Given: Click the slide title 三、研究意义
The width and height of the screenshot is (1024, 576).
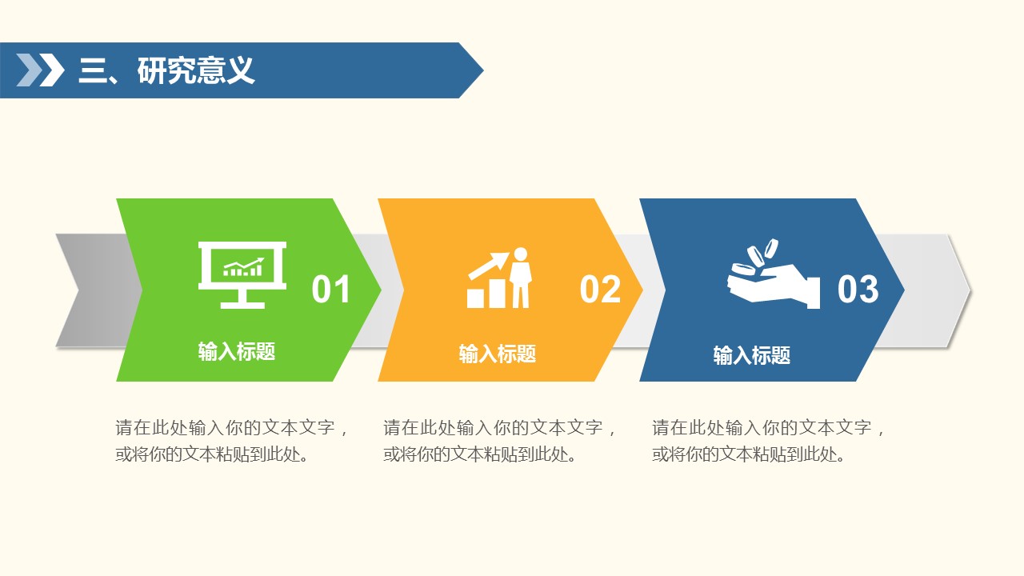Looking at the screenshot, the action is pyautogui.click(x=166, y=70).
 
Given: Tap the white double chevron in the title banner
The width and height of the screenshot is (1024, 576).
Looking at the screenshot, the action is pyautogui.click(x=40, y=70).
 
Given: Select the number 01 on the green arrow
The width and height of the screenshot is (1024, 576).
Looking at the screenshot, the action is pyautogui.click(x=331, y=289).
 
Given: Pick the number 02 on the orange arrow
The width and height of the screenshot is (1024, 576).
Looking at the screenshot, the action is pyautogui.click(x=600, y=289).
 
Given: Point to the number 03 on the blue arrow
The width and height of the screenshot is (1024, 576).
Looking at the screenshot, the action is pyautogui.click(x=858, y=289).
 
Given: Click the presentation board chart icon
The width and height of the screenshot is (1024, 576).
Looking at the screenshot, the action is pyautogui.click(x=242, y=275).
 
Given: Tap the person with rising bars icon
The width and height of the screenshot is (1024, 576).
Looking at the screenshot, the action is pyautogui.click(x=499, y=278).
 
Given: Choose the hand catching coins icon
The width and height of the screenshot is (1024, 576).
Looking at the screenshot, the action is pyautogui.click(x=774, y=274).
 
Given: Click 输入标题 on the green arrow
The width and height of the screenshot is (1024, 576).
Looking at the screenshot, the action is pyautogui.click(x=236, y=351).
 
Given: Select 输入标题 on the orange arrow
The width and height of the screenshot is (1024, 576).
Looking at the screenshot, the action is pyautogui.click(x=498, y=354).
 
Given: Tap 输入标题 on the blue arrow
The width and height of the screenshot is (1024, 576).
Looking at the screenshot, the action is pyautogui.click(x=752, y=355).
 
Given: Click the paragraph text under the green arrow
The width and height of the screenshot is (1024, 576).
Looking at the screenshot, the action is pyautogui.click(x=232, y=441).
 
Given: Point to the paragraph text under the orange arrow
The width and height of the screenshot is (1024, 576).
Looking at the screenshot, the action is pyautogui.click(x=500, y=441).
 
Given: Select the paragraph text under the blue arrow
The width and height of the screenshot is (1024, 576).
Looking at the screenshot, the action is pyautogui.click(x=769, y=441).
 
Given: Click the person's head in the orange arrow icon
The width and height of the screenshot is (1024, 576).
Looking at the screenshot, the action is pyautogui.click(x=521, y=254).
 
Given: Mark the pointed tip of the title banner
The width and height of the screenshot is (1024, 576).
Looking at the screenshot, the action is pyautogui.click(x=483, y=70).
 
